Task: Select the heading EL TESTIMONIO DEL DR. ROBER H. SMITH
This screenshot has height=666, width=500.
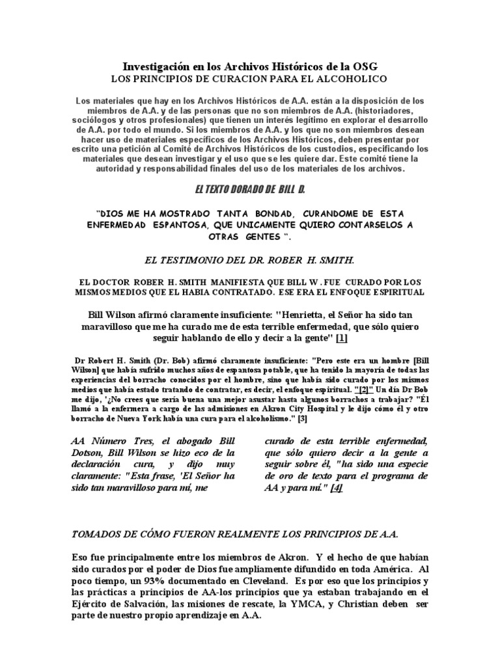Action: coord(250,260)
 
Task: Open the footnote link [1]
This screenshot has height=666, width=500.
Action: coord(342,338)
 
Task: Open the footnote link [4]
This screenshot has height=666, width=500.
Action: coord(336,488)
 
